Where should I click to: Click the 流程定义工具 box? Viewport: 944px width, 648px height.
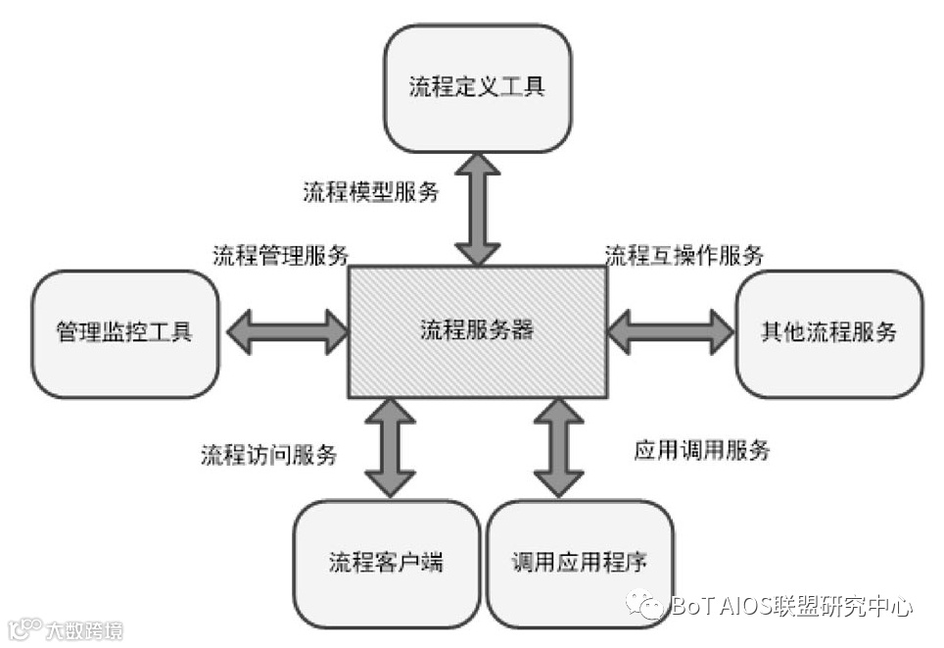point(477,87)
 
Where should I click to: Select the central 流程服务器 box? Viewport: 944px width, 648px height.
point(478,329)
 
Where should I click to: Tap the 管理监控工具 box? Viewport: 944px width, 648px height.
point(124,333)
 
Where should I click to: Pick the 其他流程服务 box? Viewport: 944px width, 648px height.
point(828,332)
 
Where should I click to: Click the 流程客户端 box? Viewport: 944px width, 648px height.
point(386,564)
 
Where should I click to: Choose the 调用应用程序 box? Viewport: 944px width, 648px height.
point(580,564)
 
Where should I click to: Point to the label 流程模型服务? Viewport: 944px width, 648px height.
point(371,192)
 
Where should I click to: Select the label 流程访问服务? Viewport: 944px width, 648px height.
point(269,455)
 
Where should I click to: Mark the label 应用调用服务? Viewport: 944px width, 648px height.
point(702,451)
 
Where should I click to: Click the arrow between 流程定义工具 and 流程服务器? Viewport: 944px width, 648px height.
point(477,209)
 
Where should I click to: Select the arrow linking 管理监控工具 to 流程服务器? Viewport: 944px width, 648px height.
point(287,331)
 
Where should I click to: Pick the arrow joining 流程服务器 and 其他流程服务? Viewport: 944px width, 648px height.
point(671,331)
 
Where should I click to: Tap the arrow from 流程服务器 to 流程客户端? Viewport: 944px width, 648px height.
point(389,446)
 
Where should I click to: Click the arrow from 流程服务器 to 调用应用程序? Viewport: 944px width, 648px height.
point(558,446)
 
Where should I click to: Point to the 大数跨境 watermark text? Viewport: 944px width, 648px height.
point(86,629)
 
